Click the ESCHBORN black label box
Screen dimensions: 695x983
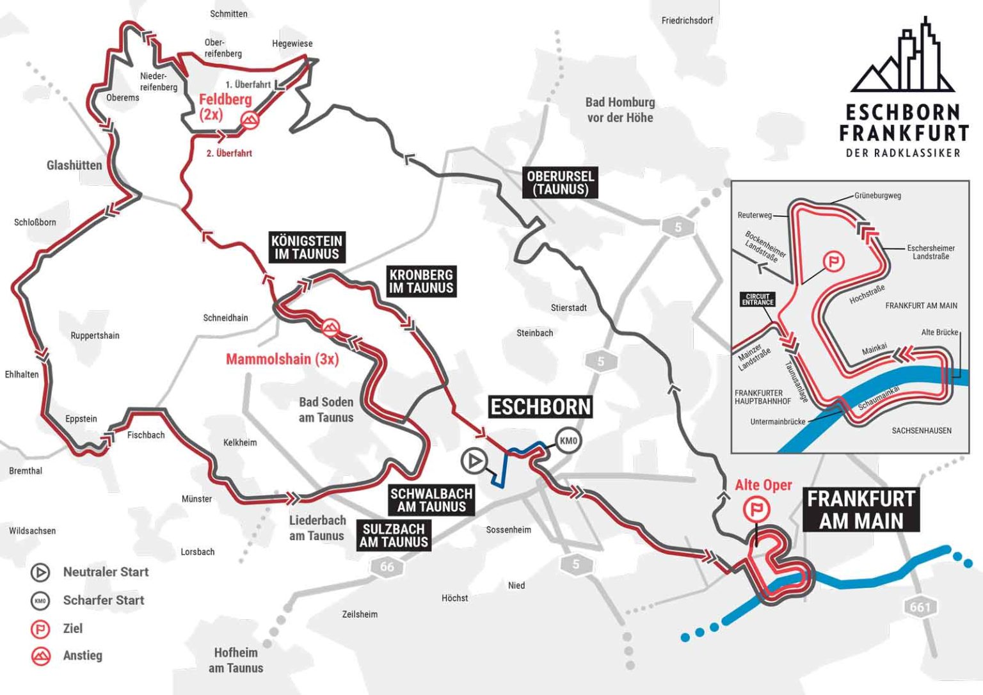click(540, 407)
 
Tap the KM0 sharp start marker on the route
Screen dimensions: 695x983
click(568, 441)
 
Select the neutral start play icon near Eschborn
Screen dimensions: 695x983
click(474, 460)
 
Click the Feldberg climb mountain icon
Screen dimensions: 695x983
click(250, 120)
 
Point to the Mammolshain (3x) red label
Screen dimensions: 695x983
click(282, 359)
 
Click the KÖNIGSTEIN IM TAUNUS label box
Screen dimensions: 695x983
click(307, 248)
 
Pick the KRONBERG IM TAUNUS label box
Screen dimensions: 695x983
click(421, 282)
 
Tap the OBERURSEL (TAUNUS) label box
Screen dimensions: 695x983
click(561, 183)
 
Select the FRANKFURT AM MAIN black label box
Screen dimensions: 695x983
click(861, 510)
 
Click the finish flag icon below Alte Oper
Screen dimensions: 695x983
click(756, 510)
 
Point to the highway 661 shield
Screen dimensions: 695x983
click(920, 607)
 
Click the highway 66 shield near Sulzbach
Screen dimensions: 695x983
click(387, 567)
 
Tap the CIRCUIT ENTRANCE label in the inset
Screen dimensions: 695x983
click(758, 300)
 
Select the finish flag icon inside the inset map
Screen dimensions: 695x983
click(833, 261)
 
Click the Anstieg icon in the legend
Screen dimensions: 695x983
click(41, 656)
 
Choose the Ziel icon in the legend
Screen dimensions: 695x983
click(40, 629)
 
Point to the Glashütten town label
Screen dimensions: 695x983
click(74, 165)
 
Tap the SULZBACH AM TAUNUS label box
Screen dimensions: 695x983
click(394, 536)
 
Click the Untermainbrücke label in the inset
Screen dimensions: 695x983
click(778, 422)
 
